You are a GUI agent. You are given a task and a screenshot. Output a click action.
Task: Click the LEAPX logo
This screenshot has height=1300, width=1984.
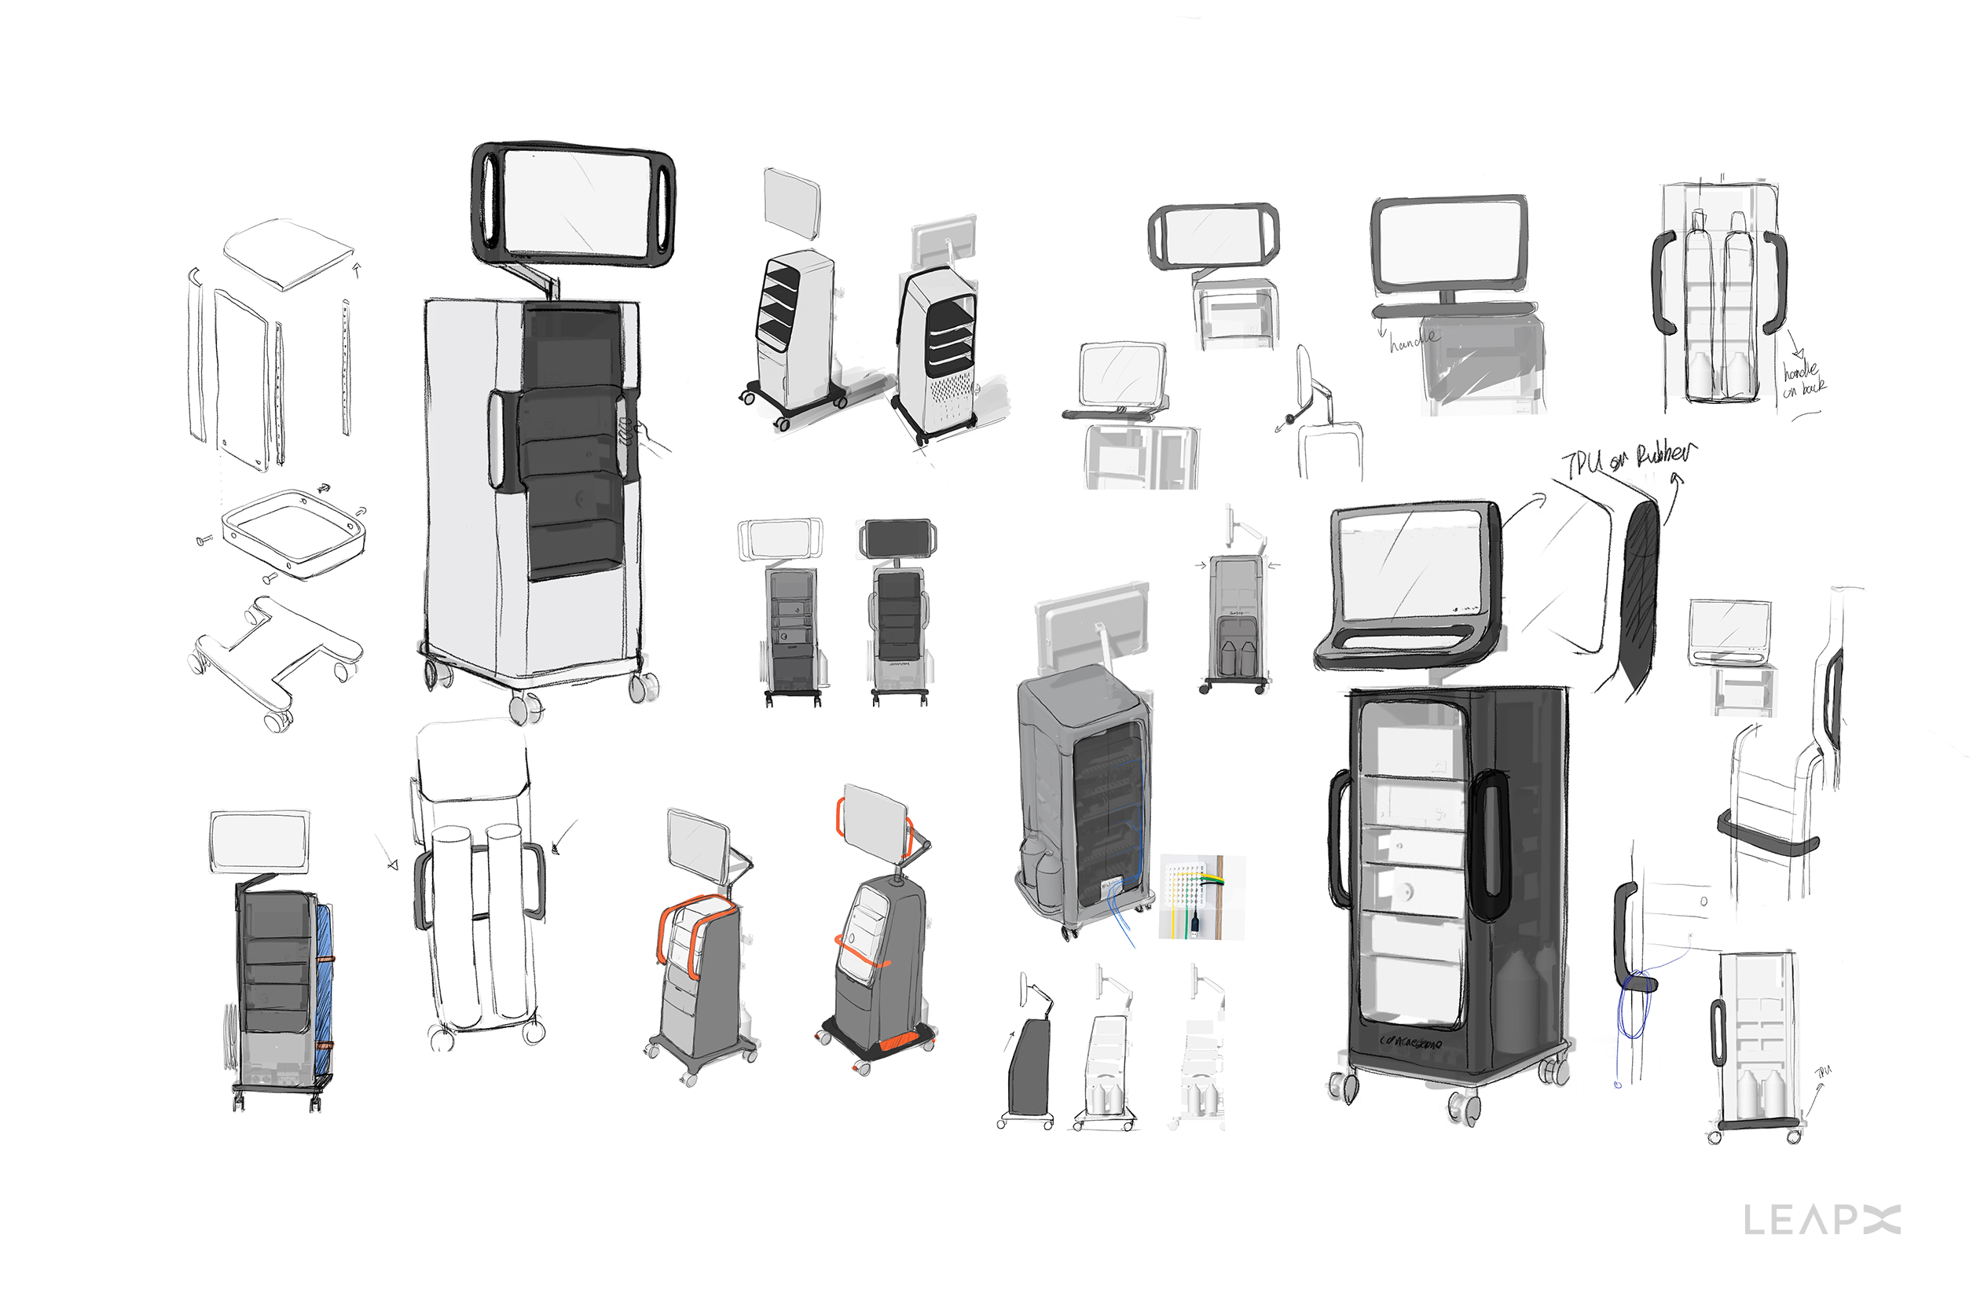[1821, 1220]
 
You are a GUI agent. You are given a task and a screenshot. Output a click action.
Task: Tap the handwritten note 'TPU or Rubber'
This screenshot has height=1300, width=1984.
[1626, 460]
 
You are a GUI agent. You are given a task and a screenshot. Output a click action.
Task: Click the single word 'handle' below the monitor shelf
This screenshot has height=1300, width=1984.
[1414, 339]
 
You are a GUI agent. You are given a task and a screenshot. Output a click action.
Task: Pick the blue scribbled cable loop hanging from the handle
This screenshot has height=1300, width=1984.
[1634, 1004]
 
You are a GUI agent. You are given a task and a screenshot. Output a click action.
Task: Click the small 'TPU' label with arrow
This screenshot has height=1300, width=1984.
[1823, 1072]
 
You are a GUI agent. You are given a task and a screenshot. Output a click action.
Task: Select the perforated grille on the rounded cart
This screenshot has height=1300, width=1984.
[950, 392]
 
